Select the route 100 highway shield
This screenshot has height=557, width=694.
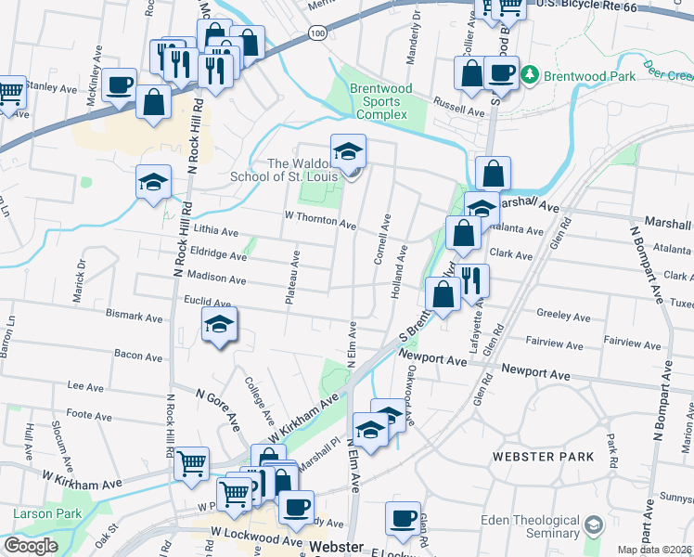(x=318, y=33)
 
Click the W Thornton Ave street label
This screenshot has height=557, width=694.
(x=320, y=221)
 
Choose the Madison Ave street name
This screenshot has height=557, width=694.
(x=216, y=278)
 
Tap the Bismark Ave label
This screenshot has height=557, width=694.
(x=135, y=316)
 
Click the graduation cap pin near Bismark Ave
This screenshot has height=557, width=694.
(x=220, y=324)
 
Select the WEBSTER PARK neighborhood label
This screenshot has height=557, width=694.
(x=543, y=457)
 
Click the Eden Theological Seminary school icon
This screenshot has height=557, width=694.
(x=591, y=526)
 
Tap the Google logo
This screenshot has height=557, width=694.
(x=31, y=546)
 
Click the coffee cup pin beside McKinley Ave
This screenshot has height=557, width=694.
(x=120, y=85)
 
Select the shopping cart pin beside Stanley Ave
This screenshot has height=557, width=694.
(x=9, y=93)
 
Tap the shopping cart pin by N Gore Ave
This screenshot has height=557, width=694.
(x=191, y=461)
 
